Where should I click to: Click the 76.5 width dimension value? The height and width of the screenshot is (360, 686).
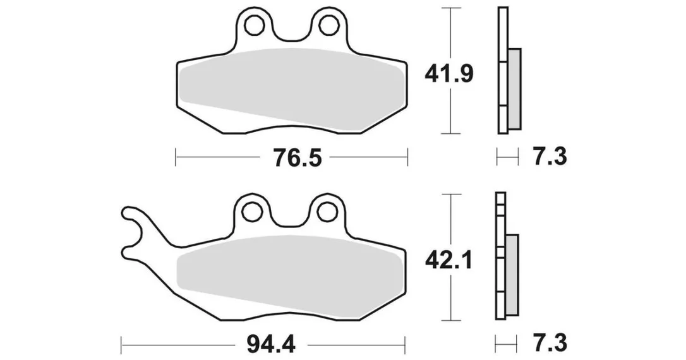tap(297, 157)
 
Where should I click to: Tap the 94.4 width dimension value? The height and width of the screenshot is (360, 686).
tap(271, 345)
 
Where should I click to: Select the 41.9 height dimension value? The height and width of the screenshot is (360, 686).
tap(449, 74)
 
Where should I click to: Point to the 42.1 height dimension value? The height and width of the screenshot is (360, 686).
tap(448, 261)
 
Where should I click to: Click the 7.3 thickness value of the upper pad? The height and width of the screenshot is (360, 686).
tap(550, 157)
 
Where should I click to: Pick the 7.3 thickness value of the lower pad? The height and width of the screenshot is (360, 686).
tap(550, 343)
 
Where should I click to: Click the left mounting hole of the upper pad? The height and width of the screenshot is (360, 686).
tap(253, 25)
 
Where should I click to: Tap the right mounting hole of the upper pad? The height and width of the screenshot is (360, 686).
tap(328, 25)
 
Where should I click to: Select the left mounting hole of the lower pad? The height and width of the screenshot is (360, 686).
tap(251, 213)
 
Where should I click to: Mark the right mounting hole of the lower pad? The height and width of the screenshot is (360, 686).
tap(325, 213)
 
